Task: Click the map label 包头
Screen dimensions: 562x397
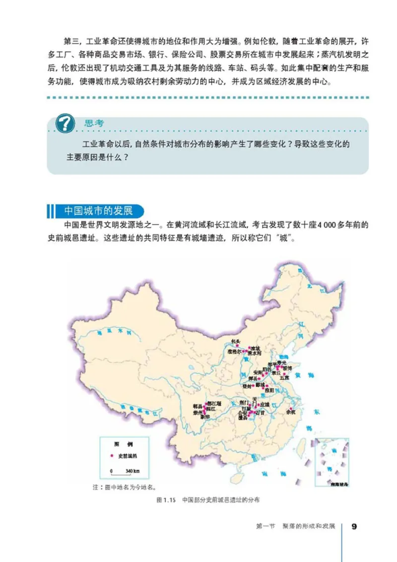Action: click(236, 341)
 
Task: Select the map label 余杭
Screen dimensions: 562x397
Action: click(291, 411)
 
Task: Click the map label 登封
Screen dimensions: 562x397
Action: click(247, 385)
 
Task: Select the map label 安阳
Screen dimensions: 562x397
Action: click(258, 372)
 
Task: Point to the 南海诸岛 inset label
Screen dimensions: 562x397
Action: click(332, 481)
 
